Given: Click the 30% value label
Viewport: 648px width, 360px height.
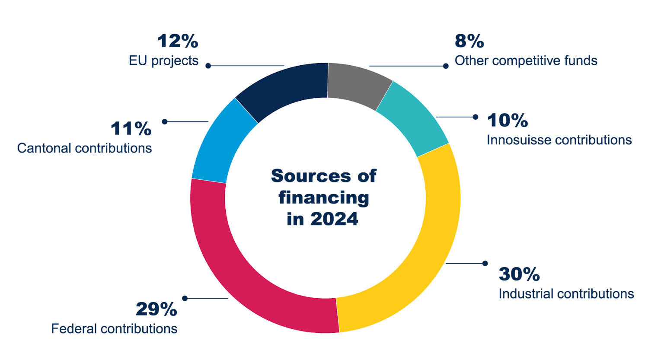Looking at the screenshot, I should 519,274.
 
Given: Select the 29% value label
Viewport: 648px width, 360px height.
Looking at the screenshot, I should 156,309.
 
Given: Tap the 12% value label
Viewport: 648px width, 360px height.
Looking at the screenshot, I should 178,41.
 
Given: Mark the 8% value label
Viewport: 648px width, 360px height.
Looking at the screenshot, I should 469,41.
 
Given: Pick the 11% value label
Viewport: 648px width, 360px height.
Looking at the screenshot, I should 131,129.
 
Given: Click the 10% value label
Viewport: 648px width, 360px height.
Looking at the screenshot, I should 507,121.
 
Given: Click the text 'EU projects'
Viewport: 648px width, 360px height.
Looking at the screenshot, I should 163,61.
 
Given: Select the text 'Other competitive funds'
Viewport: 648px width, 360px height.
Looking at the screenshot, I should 526,61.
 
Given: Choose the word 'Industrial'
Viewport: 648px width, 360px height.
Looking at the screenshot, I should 526,294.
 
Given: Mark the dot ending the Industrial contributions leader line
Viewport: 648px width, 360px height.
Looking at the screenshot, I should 485,263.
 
